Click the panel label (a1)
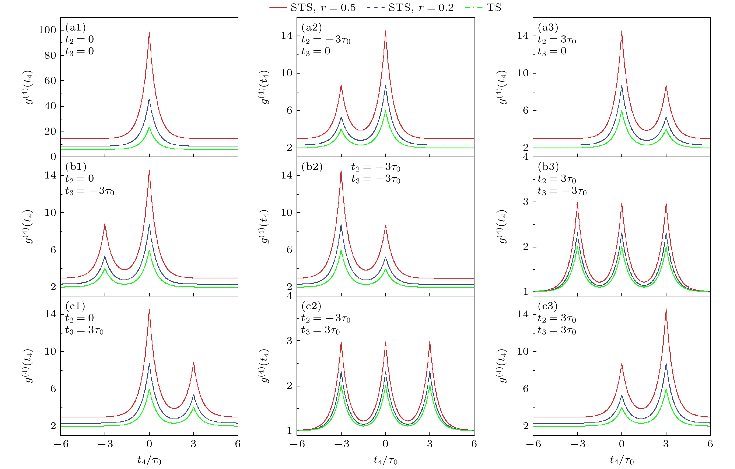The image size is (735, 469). click(75, 27)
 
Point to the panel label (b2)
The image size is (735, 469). click(312, 167)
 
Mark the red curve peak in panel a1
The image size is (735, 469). click(149, 32)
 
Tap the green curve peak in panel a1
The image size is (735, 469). click(149, 128)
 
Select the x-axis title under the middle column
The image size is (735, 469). click(386, 460)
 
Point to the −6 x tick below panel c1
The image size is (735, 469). click(61, 444)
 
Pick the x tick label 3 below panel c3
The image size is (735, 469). click(666, 444)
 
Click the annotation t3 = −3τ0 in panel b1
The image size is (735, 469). click(89, 191)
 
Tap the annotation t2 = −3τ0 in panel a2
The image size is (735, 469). click(326, 40)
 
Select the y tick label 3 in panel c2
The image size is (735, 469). click(289, 341)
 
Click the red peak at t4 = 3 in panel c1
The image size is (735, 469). click(194, 363)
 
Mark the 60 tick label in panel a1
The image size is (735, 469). click(50, 81)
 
